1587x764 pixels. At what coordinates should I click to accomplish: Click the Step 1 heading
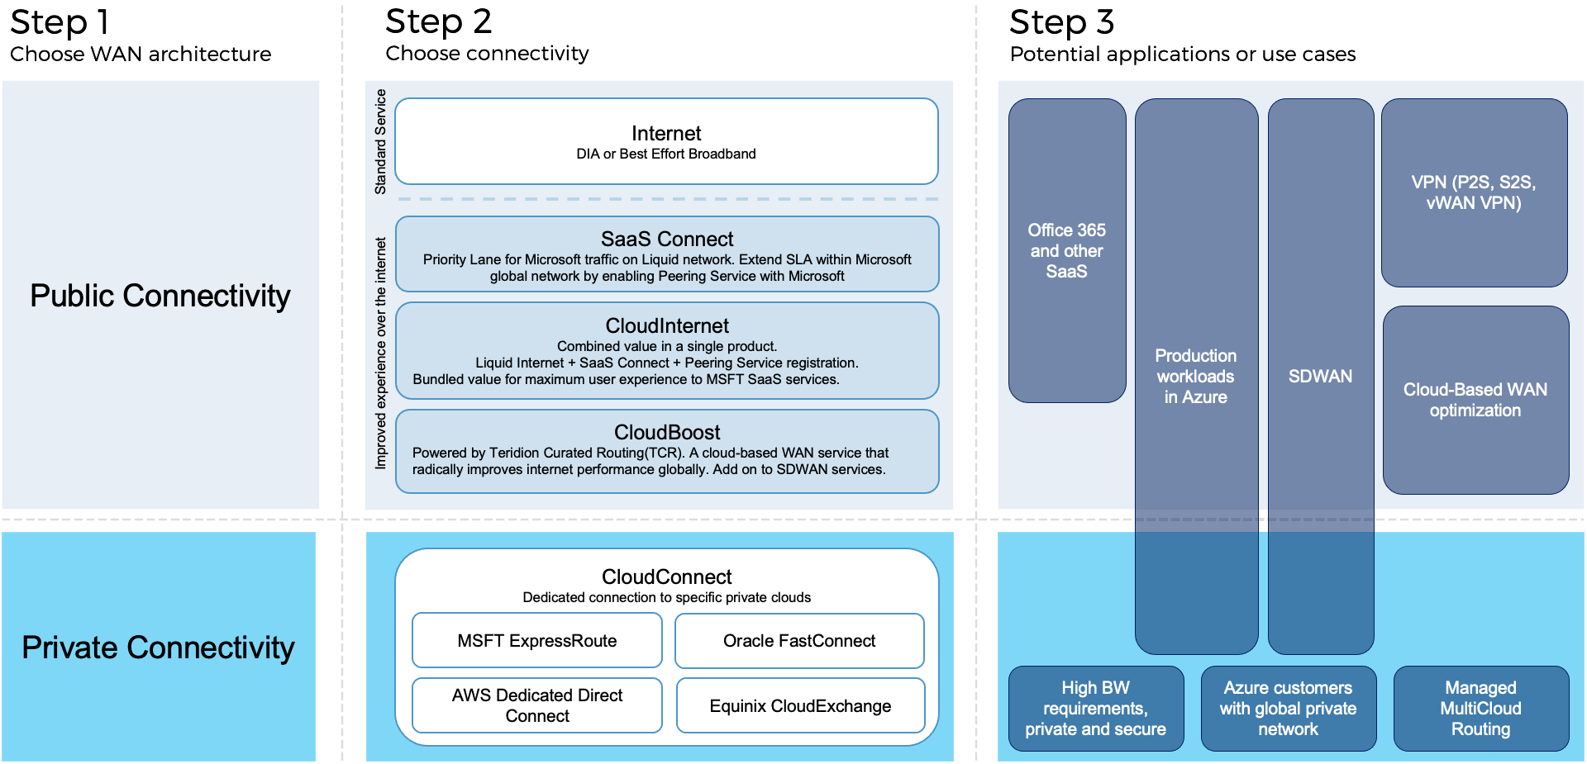pos(60,22)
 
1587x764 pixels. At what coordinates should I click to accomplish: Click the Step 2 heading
pos(438,21)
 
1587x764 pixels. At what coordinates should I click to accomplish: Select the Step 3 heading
pos(1062,22)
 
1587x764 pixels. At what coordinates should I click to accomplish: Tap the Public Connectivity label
pos(160,296)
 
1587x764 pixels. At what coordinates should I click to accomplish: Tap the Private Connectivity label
pos(158,648)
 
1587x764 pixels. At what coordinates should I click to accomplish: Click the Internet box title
pos(666,134)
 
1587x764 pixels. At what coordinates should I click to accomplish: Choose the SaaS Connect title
pos(667,240)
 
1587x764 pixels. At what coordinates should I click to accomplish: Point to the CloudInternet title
pos(667,326)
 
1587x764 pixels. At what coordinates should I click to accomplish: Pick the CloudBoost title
pos(667,433)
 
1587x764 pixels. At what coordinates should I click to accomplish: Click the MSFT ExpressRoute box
pos(537,641)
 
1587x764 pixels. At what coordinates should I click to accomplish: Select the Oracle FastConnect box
pos(799,641)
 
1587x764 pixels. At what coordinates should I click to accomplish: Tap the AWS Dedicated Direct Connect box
pos(537,705)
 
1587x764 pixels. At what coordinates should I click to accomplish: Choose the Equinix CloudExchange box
pos(800,706)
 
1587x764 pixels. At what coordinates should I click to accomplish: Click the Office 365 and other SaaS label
pos(1066,251)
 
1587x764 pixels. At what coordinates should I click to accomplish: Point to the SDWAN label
pos(1320,377)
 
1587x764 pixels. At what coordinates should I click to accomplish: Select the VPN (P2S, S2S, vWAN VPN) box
pos(1474,192)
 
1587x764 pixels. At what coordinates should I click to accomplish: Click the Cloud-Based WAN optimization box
pos(1475,400)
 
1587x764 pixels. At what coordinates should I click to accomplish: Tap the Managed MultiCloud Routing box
pos(1480,709)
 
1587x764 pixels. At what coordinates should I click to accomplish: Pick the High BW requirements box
pos(1095,709)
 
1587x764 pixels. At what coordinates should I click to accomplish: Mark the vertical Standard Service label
pos(380,142)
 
